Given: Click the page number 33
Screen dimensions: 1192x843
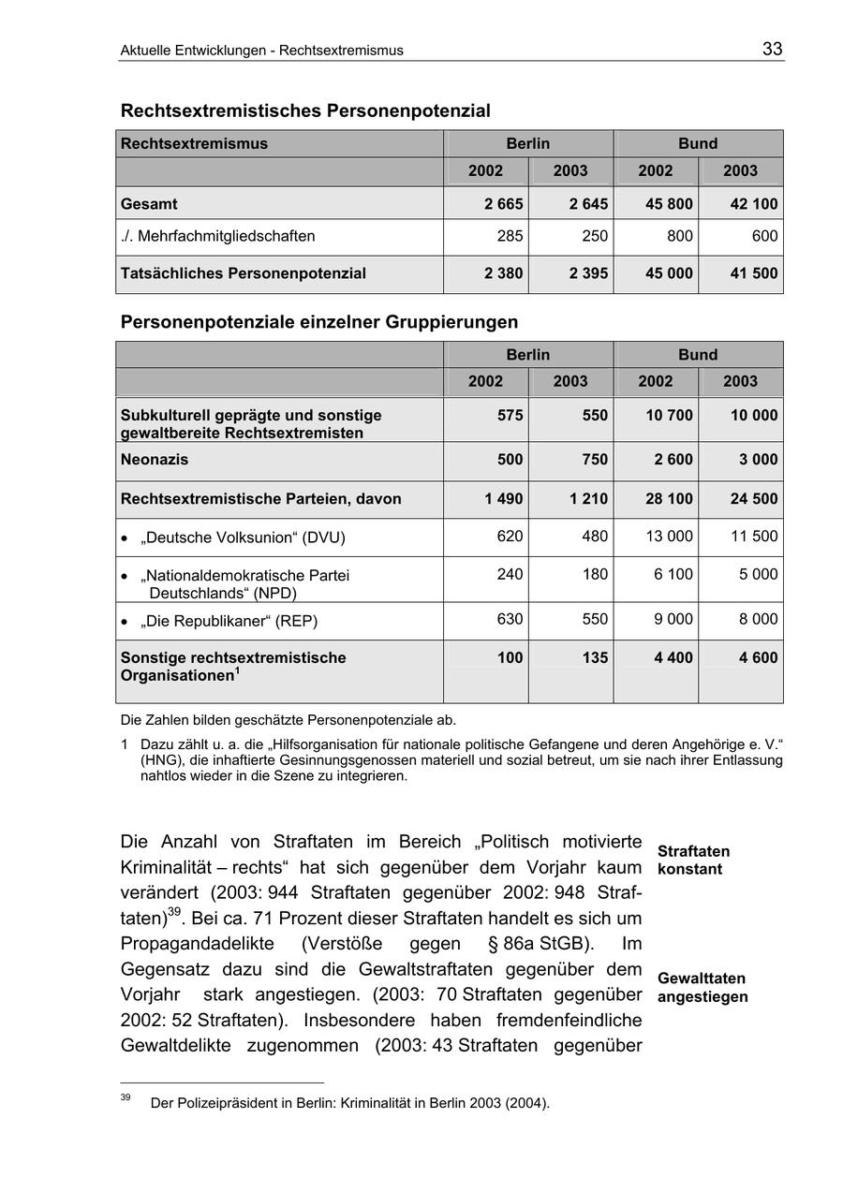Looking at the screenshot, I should pyautogui.click(x=772, y=50).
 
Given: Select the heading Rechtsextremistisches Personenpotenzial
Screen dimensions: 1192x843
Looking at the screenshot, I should pyautogui.click(x=305, y=111).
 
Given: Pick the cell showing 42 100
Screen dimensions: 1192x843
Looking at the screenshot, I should pyautogui.click(x=753, y=204).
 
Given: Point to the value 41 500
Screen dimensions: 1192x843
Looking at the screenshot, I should pyautogui.click(x=753, y=274).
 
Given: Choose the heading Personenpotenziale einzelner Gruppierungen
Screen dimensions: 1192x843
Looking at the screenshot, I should pyautogui.click(x=319, y=322).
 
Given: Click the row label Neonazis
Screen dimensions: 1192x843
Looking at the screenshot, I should pyautogui.click(x=155, y=460).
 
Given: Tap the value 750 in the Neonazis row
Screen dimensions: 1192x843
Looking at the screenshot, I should pyautogui.click(x=595, y=460).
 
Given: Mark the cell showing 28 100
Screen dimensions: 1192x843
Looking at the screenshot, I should pyautogui.click(x=669, y=499).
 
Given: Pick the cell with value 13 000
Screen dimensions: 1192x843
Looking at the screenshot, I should pyautogui.click(x=669, y=537).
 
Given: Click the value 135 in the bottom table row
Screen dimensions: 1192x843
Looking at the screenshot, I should pyautogui.click(x=595, y=658).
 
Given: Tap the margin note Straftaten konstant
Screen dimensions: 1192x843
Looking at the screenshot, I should pyautogui.click(x=693, y=861).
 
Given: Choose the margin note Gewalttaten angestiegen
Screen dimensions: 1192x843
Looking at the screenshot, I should pyautogui.click(x=702, y=988).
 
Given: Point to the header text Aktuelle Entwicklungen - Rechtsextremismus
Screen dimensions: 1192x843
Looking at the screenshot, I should pyautogui.click(x=261, y=51).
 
